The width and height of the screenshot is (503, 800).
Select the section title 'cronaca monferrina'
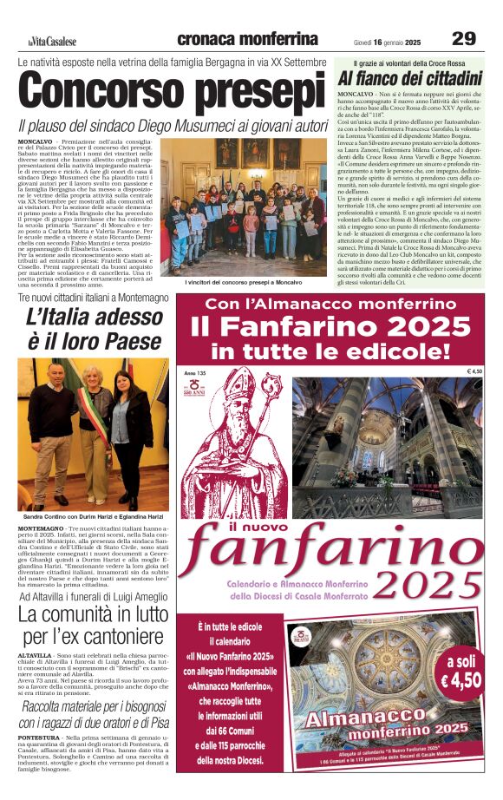pyautogui.click(x=247, y=39)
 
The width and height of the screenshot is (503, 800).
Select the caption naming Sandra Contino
pyautogui.click(x=90, y=516)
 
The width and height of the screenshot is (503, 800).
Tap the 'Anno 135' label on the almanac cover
pyautogui.click(x=196, y=372)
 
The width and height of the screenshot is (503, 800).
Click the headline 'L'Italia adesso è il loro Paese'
pyautogui.click(x=90, y=328)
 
